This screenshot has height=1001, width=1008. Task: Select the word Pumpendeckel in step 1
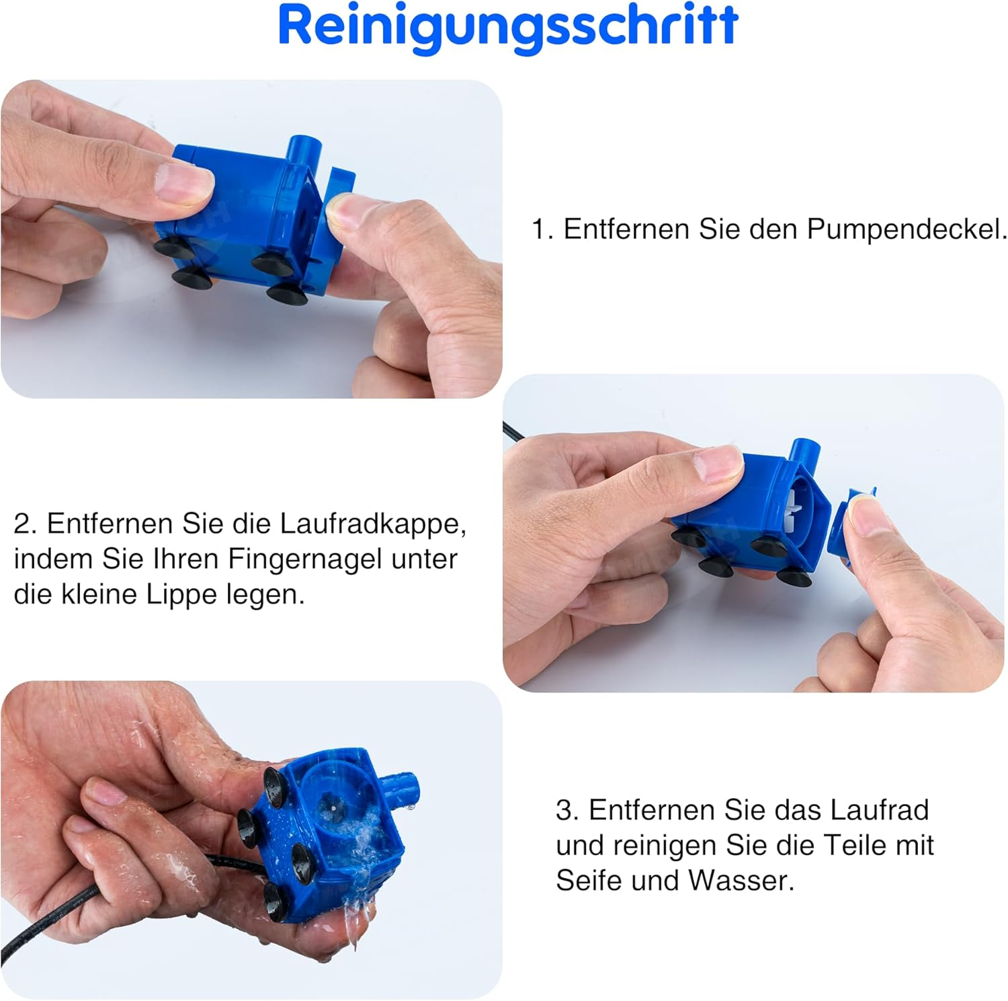tap(907, 229)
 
